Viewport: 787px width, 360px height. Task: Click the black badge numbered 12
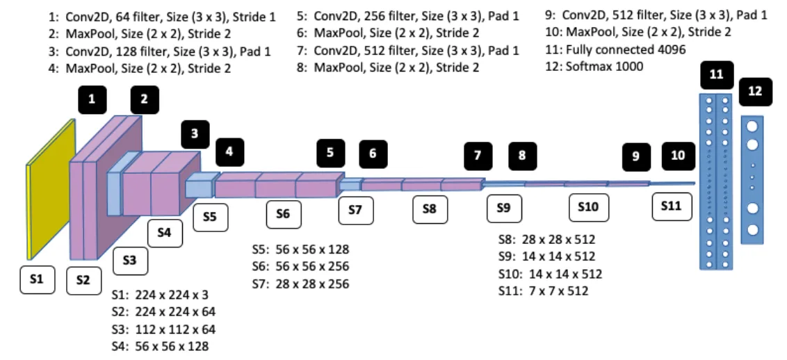pyautogui.click(x=755, y=92)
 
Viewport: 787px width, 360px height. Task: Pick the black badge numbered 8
pyautogui.click(x=522, y=156)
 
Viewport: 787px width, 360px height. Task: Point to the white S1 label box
pyautogui.click(x=37, y=279)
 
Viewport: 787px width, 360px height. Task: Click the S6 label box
pyautogui.click(x=283, y=214)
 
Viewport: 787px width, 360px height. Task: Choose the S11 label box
pyautogui.click(x=672, y=206)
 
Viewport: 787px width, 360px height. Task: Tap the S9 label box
pyautogui.click(x=504, y=208)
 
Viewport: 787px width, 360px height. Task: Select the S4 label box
pyautogui.click(x=164, y=232)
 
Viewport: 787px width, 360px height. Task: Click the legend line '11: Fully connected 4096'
pyautogui.click(x=606, y=50)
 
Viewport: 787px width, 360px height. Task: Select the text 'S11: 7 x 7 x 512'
pyautogui.click(x=543, y=291)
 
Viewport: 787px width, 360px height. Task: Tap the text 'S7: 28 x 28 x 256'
pyautogui.click(x=300, y=284)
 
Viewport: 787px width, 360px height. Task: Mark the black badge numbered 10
pyautogui.click(x=678, y=156)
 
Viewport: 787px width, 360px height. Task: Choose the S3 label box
pyautogui.click(x=129, y=260)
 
